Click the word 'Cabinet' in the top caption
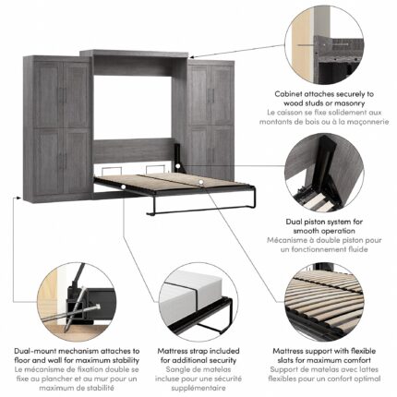click(287, 94)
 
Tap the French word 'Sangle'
click(177, 369)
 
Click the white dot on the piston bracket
click(178, 166)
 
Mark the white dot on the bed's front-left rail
click(123, 186)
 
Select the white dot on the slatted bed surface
click(201, 182)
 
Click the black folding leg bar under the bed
click(201, 211)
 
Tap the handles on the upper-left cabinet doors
click(64, 96)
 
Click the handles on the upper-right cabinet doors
click(211, 96)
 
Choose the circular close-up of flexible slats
click(324, 302)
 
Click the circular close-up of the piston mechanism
click(324, 173)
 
